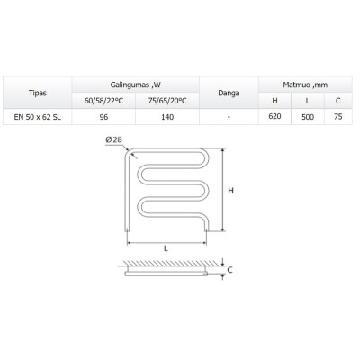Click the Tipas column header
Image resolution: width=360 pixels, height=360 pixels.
tap(38, 93)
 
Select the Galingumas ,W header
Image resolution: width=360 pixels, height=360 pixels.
tap(136, 85)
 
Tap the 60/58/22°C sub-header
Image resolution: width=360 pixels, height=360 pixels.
tap(103, 101)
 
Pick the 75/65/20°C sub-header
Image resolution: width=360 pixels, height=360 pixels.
tap(167, 101)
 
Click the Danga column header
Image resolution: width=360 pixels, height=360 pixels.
tap(229, 93)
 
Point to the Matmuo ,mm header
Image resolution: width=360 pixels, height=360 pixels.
tap(305, 85)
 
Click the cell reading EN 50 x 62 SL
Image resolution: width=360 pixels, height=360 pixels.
tap(38, 117)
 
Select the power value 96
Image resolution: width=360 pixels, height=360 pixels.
tap(103, 117)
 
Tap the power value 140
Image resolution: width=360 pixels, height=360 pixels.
tap(167, 117)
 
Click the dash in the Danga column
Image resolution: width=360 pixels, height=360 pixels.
tap(229, 117)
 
